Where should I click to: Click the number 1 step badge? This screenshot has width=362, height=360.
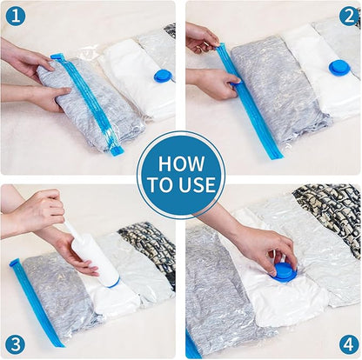(x=15, y=15)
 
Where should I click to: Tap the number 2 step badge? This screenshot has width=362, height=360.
(x=347, y=15)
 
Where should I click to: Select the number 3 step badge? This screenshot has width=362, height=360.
(x=15, y=344)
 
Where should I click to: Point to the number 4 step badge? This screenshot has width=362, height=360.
(x=347, y=344)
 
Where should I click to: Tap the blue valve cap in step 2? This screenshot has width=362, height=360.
(x=339, y=67)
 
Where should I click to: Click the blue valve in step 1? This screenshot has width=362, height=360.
(x=162, y=77)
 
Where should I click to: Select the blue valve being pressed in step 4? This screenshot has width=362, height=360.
(x=285, y=271)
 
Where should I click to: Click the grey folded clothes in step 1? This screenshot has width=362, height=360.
(x=83, y=109)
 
